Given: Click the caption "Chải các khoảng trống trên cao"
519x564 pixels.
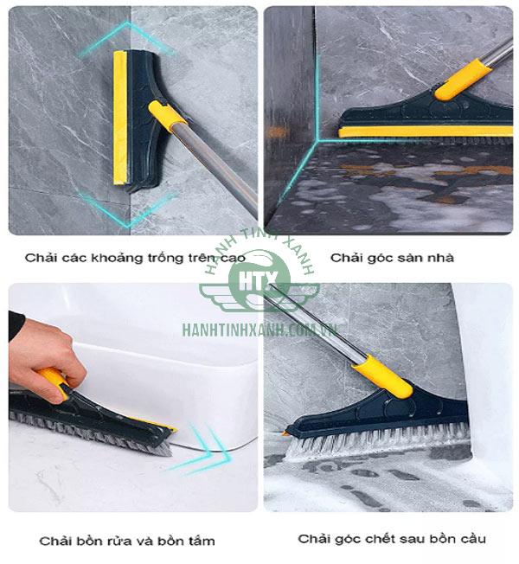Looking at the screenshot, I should (x=135, y=258).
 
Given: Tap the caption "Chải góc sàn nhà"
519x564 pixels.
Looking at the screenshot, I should (x=392, y=258).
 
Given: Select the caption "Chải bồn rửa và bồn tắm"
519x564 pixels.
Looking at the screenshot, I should (x=126, y=541).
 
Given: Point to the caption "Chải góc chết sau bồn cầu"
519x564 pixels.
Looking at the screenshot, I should (x=392, y=539).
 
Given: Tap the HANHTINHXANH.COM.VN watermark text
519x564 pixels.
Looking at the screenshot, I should (x=259, y=329).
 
